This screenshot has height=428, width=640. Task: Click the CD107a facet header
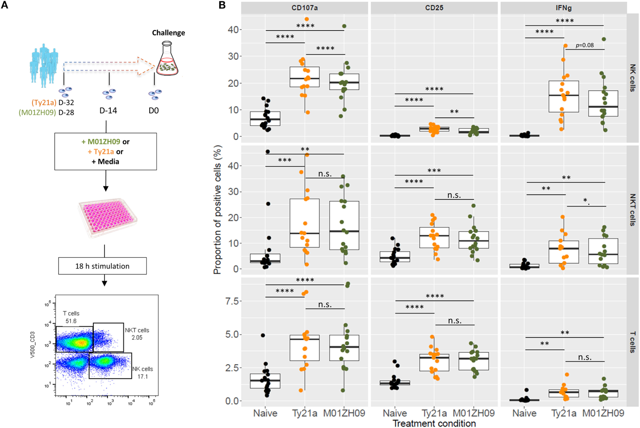pyautogui.click(x=304, y=8)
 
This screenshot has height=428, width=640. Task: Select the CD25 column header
pyautogui.click(x=434, y=8)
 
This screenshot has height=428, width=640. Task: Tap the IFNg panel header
pyautogui.click(x=563, y=8)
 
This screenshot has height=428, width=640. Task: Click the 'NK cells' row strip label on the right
pyautogui.click(x=632, y=78)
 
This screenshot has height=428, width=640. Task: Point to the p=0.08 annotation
pyautogui.click(x=584, y=45)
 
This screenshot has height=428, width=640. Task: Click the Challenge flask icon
pyautogui.click(x=167, y=59)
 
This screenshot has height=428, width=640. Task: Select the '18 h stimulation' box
pyautogui.click(x=102, y=266)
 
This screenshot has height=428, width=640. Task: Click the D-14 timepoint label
pyautogui.click(x=108, y=111)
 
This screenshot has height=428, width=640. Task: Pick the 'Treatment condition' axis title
pyautogui.click(x=434, y=423)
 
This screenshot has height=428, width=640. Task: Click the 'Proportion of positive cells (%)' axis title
pyautogui.click(x=217, y=209)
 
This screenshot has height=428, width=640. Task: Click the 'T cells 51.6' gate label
pyautogui.click(x=71, y=317)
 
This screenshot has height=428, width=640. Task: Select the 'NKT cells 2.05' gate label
pyautogui.click(x=137, y=334)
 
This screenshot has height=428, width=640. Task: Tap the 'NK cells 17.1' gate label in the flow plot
pyautogui.click(x=142, y=372)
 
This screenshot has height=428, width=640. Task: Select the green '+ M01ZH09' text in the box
pyautogui.click(x=100, y=142)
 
